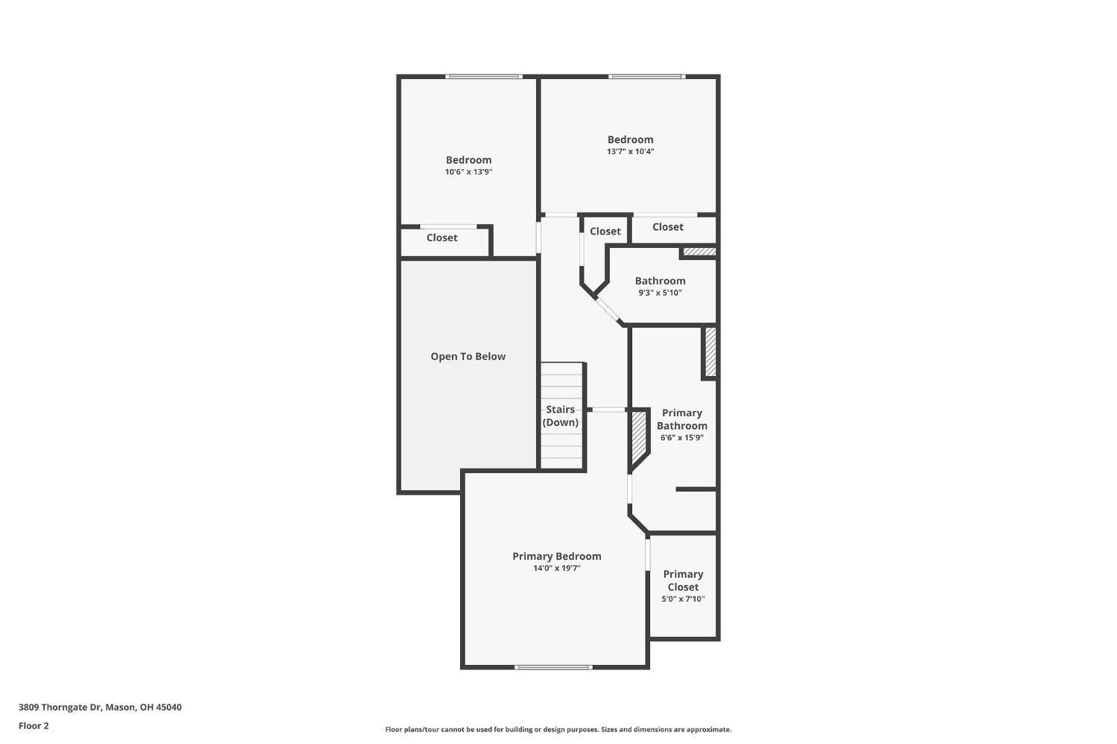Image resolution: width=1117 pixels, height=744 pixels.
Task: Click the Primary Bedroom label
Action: (556, 556)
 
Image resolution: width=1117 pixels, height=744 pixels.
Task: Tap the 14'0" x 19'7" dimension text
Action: (556, 568)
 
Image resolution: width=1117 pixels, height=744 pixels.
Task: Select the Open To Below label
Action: (468, 357)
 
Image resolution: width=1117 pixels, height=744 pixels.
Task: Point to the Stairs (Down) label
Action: (560, 416)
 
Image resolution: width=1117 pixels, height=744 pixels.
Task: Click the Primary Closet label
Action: (683, 580)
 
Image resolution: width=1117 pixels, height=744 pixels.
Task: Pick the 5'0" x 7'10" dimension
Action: (683, 599)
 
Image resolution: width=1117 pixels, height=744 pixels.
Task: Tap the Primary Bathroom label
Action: (681, 419)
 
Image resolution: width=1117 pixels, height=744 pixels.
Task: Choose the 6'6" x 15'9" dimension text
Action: (681, 438)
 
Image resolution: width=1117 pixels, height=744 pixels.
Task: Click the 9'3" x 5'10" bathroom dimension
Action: (660, 293)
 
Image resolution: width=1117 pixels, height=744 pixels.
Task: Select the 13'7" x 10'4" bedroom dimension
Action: (630, 151)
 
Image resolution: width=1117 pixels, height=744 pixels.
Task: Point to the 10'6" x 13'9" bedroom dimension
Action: (468, 172)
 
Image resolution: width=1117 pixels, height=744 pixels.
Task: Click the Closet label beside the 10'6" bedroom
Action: (442, 238)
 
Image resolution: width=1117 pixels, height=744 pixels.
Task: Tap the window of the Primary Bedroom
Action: (553, 667)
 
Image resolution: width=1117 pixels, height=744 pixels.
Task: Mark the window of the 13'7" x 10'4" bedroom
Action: (646, 76)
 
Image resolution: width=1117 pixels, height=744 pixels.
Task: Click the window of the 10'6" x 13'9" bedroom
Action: (483, 76)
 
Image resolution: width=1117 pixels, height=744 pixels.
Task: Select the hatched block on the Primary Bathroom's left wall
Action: (638, 439)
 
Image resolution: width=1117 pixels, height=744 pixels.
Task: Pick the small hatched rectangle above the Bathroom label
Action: (699, 252)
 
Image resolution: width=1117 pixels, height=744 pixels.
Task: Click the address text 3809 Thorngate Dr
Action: (100, 708)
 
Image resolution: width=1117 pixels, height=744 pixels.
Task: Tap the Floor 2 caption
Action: (34, 725)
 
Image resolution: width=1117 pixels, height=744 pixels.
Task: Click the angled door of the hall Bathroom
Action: (610, 312)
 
